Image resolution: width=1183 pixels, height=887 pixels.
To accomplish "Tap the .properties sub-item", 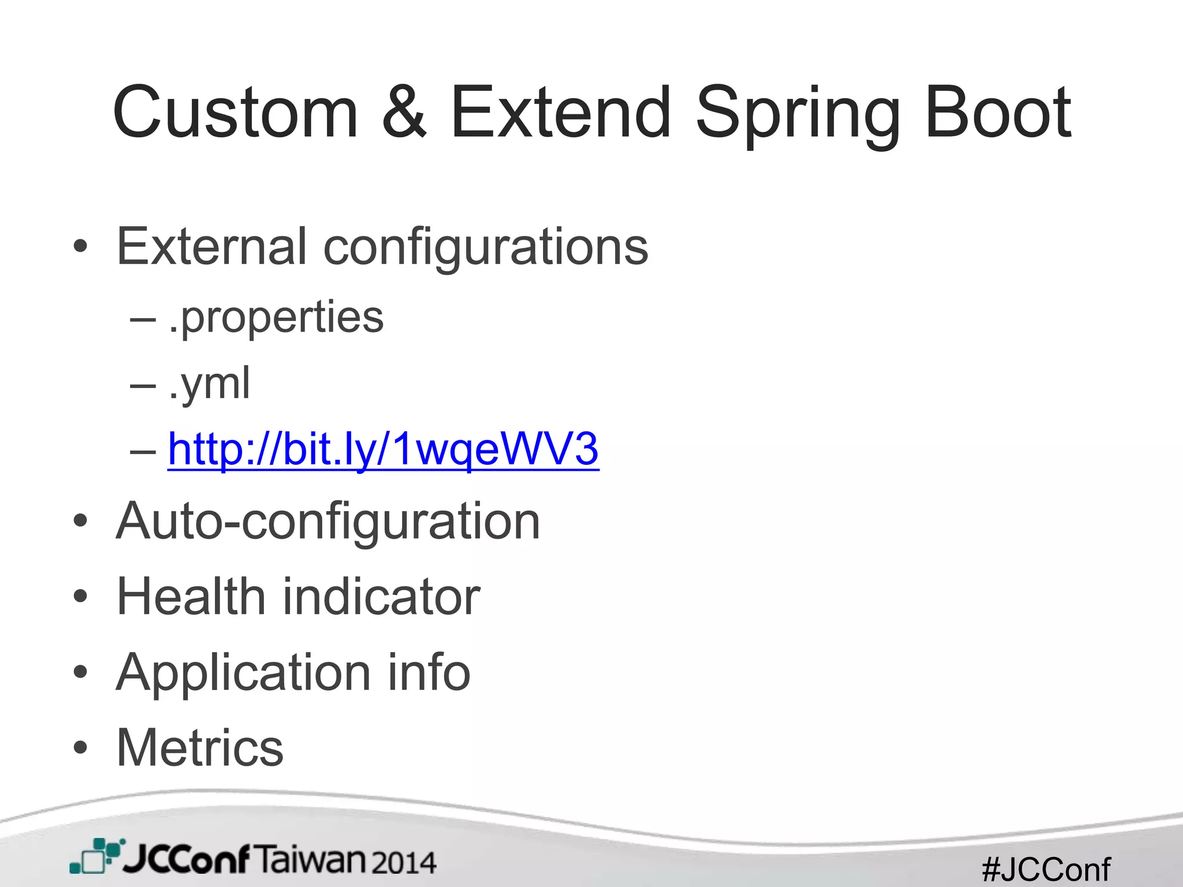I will coord(276,318).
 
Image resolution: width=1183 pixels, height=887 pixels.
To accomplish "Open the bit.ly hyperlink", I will coord(383,449).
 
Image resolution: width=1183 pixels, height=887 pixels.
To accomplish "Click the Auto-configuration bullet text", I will coord(328,522).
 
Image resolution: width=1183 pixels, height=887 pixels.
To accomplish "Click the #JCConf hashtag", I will coord(1046,869).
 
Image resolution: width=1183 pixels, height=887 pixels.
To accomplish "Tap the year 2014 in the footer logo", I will coord(403,863).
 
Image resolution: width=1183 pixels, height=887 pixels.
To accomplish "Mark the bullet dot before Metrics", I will coord(81,748).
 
